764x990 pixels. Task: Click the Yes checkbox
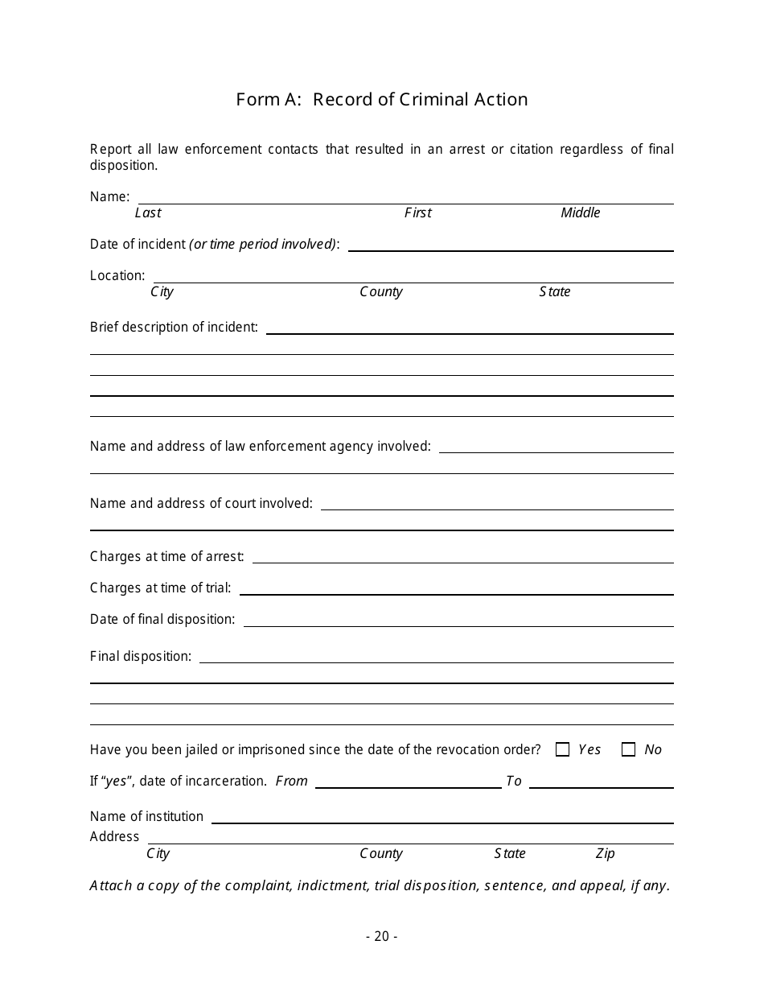(562, 749)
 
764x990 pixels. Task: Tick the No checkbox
(629, 749)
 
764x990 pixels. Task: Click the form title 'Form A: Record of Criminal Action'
(382, 99)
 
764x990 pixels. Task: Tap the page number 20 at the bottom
(381, 936)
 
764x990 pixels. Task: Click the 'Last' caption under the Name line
(148, 212)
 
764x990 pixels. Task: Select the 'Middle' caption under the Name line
(581, 212)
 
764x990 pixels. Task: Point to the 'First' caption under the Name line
(418, 212)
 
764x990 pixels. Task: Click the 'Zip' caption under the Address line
(605, 853)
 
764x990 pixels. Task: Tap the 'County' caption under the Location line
(381, 291)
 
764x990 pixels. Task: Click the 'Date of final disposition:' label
(162, 619)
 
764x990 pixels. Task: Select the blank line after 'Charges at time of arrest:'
(462, 559)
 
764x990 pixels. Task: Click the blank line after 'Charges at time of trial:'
(456, 591)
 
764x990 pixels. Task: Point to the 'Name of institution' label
(146, 816)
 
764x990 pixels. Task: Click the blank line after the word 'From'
(408, 784)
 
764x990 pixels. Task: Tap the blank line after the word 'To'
(601, 784)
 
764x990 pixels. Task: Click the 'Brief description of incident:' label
(174, 327)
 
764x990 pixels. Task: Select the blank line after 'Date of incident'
(511, 248)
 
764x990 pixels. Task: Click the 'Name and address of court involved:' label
(201, 503)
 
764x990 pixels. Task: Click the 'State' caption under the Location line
(555, 291)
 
